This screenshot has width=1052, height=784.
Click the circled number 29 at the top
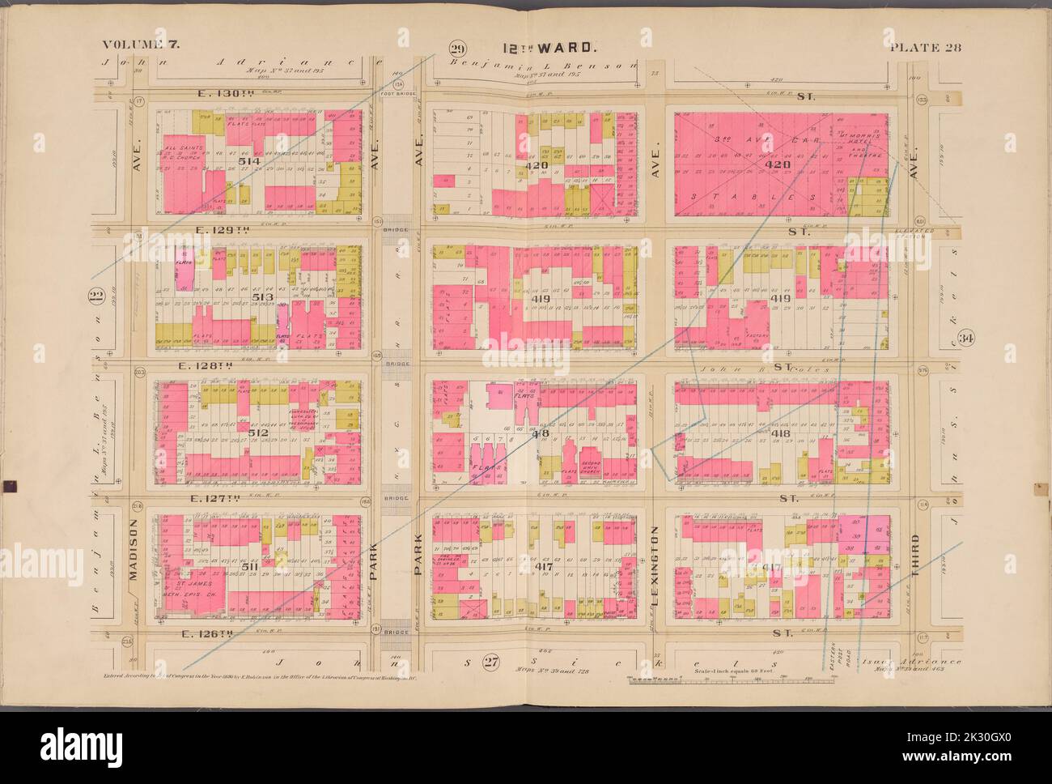tap(459, 47)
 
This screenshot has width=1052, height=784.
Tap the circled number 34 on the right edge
tap(964, 337)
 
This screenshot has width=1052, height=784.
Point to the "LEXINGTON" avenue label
tap(655, 561)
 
